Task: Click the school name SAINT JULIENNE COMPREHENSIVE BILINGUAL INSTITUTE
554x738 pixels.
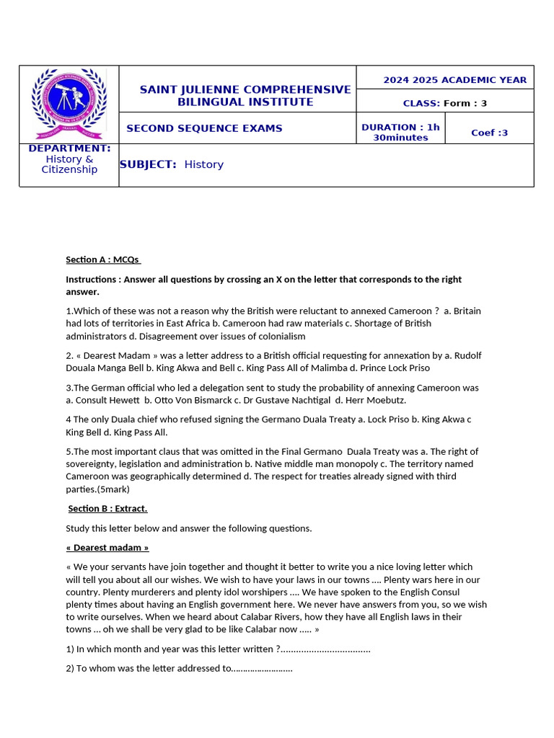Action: (245, 96)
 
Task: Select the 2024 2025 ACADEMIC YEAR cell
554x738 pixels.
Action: (454, 80)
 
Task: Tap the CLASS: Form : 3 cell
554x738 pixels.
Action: (444, 103)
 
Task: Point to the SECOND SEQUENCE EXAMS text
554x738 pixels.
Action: (204, 128)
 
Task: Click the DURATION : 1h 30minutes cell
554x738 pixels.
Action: (400, 132)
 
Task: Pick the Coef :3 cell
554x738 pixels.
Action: (489, 133)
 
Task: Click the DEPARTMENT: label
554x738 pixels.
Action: (69, 148)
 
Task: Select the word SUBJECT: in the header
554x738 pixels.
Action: (148, 164)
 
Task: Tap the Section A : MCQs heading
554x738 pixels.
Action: (103, 259)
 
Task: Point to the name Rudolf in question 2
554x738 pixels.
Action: (466, 355)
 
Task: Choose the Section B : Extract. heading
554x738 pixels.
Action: (107, 509)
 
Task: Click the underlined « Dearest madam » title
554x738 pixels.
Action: (107, 548)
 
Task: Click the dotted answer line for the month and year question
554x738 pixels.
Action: (325, 649)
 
